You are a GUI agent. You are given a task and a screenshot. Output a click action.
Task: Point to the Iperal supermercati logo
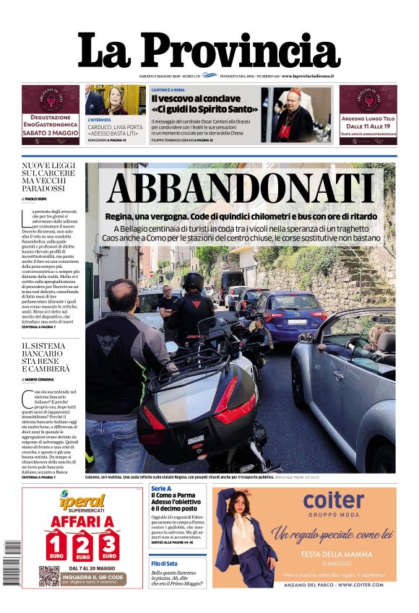82,500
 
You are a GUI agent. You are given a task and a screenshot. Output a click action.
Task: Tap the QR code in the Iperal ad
48,575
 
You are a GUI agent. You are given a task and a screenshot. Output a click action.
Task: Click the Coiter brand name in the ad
333,500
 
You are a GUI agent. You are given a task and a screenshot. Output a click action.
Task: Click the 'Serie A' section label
161,489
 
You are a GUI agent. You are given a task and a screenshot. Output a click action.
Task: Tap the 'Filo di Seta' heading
165,563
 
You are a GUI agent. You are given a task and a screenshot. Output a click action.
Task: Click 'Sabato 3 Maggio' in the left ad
50,133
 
